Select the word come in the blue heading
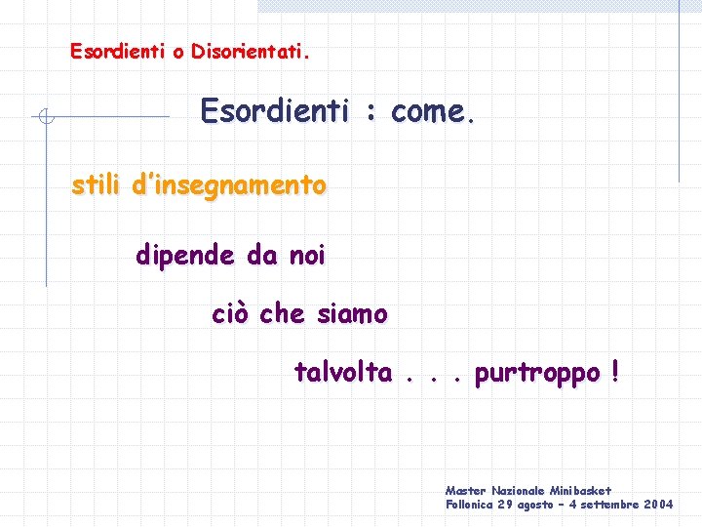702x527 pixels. point(430,112)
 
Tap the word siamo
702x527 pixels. point(352,314)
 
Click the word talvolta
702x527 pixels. point(343,373)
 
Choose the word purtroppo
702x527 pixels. point(537,374)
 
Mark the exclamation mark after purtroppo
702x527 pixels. point(614,372)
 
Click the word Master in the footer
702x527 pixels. point(466,490)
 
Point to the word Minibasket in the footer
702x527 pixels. point(580,490)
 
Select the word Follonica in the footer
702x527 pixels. point(469,505)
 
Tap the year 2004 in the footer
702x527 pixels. point(658,505)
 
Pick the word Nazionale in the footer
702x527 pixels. point(518,490)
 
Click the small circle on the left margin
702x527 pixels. point(45,118)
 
